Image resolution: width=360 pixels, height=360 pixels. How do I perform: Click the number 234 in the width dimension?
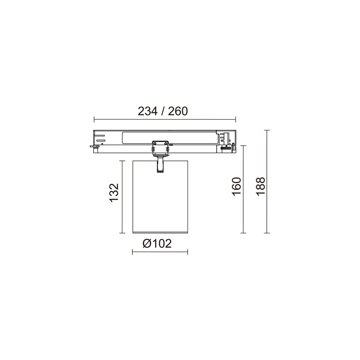point(148,111)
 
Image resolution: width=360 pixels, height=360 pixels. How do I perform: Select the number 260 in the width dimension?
point(178,111)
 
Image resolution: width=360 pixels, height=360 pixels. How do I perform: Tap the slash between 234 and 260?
point(163,111)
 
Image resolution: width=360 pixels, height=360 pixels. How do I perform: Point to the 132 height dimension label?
point(114,193)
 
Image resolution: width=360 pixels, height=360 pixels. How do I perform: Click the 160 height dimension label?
point(237,186)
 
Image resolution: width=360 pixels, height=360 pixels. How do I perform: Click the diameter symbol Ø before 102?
point(147,243)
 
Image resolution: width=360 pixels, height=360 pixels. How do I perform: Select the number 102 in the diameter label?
point(162,243)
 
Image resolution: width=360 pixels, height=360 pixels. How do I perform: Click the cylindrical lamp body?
point(160,197)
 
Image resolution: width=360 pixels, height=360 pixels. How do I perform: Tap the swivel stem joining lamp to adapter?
point(160,164)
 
